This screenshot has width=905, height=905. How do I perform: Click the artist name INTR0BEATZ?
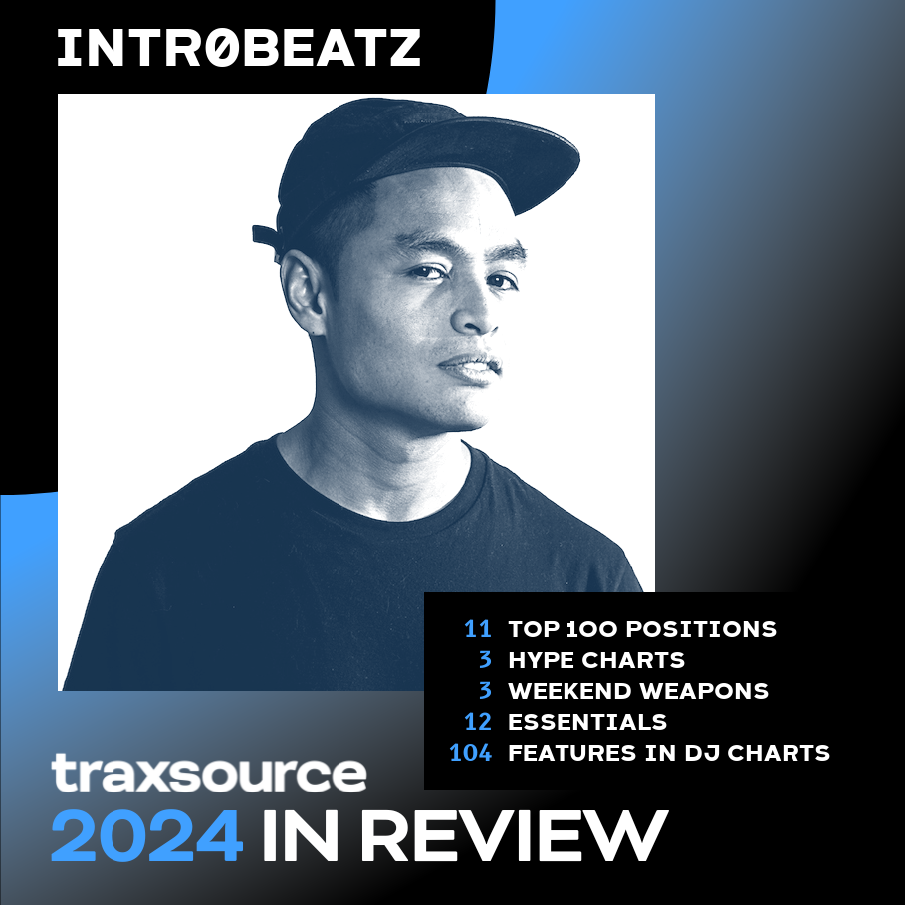[x=239, y=48]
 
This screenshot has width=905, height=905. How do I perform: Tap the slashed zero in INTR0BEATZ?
[x=221, y=48]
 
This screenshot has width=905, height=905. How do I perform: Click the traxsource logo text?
[x=209, y=774]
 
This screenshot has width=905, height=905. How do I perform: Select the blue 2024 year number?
[x=146, y=835]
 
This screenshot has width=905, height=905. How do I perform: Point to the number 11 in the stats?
[x=478, y=629]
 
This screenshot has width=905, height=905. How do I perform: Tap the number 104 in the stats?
[x=470, y=753]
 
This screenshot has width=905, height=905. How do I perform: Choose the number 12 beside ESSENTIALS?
[x=477, y=722]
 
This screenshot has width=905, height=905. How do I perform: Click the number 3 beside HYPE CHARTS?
[x=486, y=660]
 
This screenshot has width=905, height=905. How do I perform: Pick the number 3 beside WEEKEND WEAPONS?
[x=486, y=691]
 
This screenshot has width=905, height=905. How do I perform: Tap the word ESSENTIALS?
[x=587, y=722]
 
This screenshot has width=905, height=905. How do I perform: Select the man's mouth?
[x=469, y=367]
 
